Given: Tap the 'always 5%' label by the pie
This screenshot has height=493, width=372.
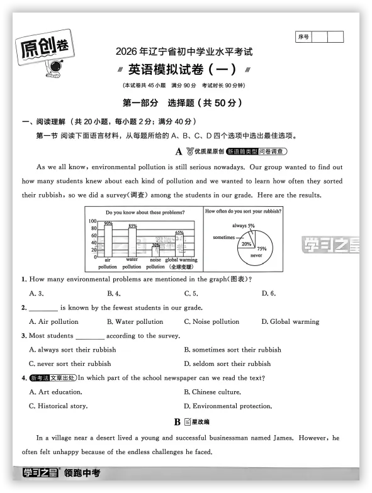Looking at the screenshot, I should tap(243, 225).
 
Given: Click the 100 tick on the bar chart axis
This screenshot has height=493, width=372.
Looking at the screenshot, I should tap(92, 221).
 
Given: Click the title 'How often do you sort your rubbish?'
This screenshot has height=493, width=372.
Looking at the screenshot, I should tap(243, 211).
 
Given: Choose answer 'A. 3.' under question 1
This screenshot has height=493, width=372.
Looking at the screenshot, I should tap(36, 294).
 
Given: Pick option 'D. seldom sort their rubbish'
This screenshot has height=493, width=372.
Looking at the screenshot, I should tap(227, 363).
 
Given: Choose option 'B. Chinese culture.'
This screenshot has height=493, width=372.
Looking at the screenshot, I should tap(212, 392).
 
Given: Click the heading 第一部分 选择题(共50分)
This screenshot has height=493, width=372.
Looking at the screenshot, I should tap(182, 102).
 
